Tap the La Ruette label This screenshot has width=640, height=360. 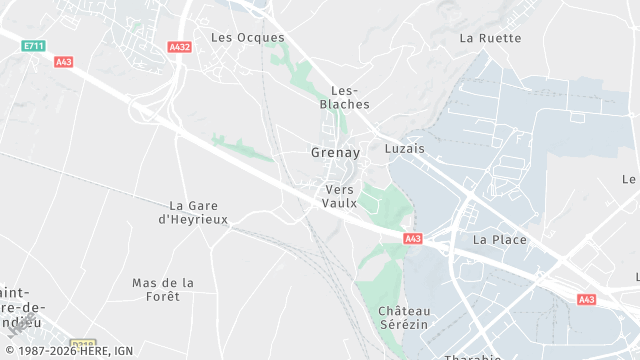[x=490, y=38]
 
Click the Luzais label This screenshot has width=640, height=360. [x=404, y=148]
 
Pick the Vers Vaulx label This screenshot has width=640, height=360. [x=340, y=196]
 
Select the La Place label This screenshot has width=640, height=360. [x=499, y=240]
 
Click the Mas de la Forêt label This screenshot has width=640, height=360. [x=163, y=289]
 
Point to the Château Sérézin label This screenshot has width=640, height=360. [x=404, y=318]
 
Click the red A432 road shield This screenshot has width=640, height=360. [x=180, y=47]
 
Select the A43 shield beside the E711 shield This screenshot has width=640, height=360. [x=64, y=62]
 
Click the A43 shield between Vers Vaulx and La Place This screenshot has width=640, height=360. [x=413, y=239]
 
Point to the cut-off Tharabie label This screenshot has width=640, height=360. [x=471, y=356]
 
